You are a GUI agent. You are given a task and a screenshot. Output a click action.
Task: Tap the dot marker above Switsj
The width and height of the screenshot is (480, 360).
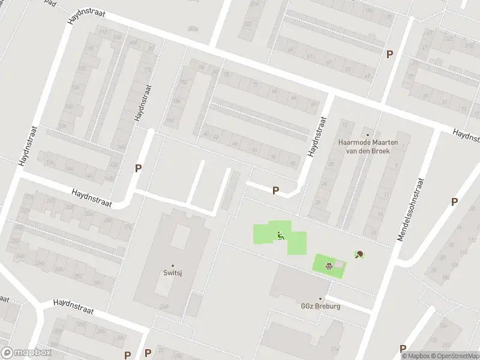(x=173, y=266)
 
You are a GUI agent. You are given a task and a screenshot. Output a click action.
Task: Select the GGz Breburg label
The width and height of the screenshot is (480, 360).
(x=320, y=306)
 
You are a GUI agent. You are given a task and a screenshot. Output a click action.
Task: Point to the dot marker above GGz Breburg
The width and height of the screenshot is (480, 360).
(x=320, y=298)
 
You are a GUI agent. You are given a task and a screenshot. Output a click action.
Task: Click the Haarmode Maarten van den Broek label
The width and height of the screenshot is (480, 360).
(x=364, y=147)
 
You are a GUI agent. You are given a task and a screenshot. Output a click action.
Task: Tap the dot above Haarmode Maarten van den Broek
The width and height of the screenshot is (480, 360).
(x=368, y=135)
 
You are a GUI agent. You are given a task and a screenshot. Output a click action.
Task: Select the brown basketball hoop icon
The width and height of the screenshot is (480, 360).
(x=329, y=266)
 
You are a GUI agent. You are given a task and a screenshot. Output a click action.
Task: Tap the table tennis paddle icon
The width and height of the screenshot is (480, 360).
(x=359, y=254)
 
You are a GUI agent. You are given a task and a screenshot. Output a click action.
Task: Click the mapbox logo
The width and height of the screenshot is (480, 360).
(x=26, y=353)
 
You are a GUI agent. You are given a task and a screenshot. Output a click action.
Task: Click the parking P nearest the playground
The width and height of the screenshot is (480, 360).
(x=275, y=191)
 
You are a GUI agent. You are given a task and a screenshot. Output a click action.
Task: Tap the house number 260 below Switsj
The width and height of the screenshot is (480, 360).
(x=164, y=307)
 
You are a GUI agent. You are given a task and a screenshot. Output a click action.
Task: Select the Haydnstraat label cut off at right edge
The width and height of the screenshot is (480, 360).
(x=466, y=136)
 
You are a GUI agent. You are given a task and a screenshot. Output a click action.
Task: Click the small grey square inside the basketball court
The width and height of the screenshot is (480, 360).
(x=340, y=265)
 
